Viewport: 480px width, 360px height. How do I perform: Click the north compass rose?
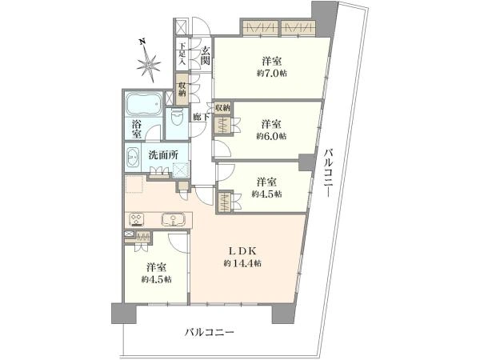point(148,62)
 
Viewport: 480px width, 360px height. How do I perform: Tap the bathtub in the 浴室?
point(143,104)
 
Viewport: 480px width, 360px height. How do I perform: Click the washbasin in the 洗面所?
point(133,158)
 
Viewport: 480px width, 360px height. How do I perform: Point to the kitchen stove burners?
point(137,219)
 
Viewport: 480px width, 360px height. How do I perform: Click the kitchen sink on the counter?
point(174,219)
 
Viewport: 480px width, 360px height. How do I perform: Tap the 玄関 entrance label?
point(206,56)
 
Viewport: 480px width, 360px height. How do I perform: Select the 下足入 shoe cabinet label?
point(182,54)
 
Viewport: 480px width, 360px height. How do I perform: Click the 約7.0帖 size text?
point(272,74)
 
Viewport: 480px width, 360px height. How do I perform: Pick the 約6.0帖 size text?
point(271,136)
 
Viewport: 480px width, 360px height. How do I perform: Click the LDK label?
point(242,251)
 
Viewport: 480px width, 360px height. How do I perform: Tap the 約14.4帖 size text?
point(242,263)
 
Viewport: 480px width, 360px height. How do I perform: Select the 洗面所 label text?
point(163,155)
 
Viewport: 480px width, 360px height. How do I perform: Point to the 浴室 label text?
point(136,129)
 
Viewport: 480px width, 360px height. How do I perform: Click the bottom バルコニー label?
point(210,332)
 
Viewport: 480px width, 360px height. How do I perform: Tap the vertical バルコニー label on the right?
point(329,172)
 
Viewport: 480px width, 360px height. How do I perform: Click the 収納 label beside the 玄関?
point(182,90)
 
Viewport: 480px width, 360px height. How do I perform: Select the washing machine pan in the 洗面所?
point(181,170)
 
